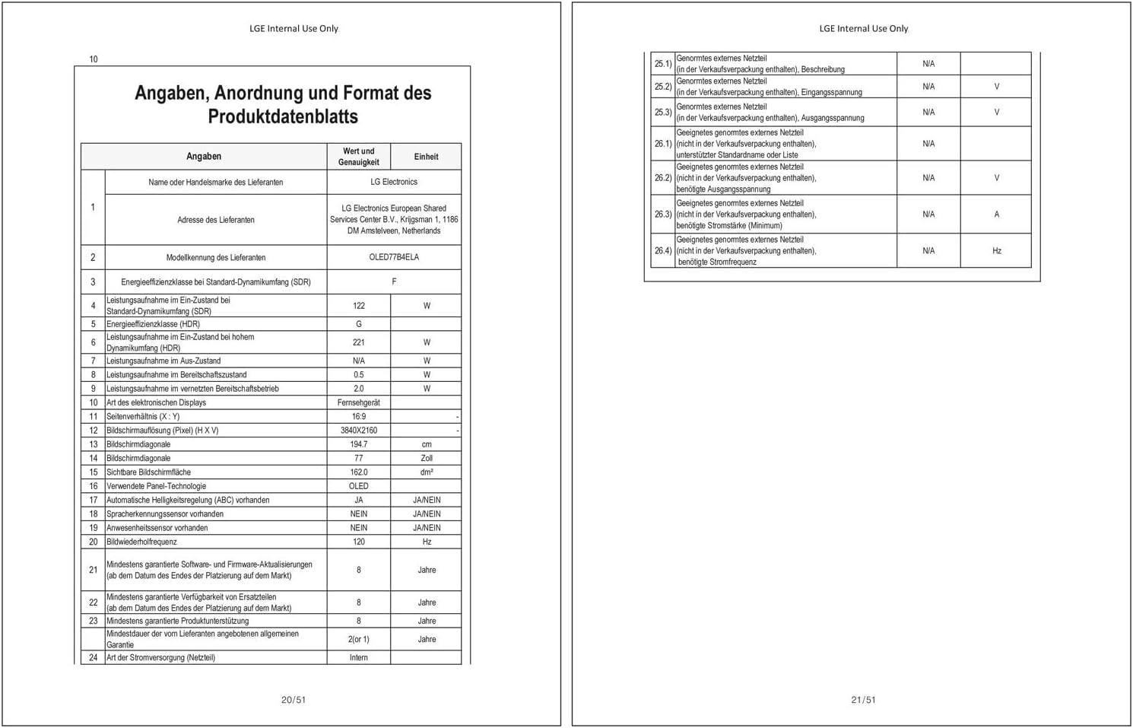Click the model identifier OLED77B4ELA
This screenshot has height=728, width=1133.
point(394,257)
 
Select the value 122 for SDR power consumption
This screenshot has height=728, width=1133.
point(359,306)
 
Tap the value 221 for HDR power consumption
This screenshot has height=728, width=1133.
point(359,342)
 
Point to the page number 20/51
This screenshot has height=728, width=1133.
point(294,700)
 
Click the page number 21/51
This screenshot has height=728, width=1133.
point(863,700)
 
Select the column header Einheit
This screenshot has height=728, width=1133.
point(426,157)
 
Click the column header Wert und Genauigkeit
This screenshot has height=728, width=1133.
point(359,157)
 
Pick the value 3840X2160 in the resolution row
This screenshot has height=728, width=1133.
point(359,431)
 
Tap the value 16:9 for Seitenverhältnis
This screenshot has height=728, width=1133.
point(359,417)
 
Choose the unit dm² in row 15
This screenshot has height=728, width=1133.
point(427,472)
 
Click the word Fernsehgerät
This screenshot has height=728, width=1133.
point(359,402)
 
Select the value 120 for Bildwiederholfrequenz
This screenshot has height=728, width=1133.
point(359,542)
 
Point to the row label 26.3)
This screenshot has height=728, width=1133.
point(663,215)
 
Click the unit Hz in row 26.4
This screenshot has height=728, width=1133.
point(996,251)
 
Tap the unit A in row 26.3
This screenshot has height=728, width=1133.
point(996,215)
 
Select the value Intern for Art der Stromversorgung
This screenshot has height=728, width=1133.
point(359,658)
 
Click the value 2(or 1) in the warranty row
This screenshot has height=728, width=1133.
point(359,640)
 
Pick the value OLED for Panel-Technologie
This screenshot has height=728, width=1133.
point(359,486)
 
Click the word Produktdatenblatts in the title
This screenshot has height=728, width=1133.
point(283,116)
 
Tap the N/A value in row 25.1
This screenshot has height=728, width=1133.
point(928,64)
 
